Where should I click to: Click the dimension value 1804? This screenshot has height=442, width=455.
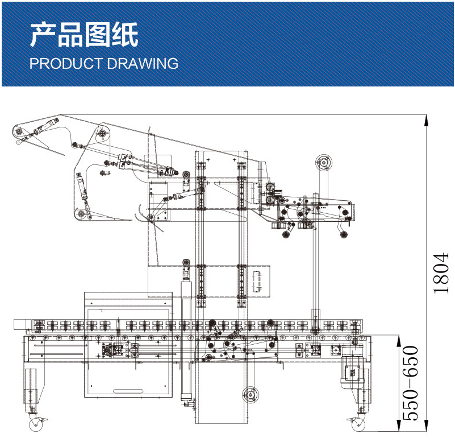441,273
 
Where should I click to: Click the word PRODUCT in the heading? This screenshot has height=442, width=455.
63,63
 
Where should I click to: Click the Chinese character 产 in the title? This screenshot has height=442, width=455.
43,35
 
